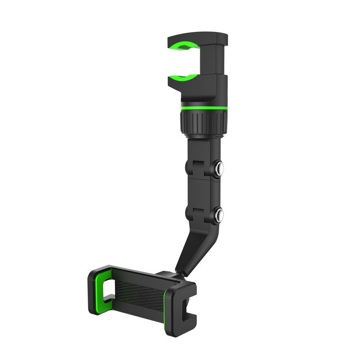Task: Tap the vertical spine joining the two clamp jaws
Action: (219, 61)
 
